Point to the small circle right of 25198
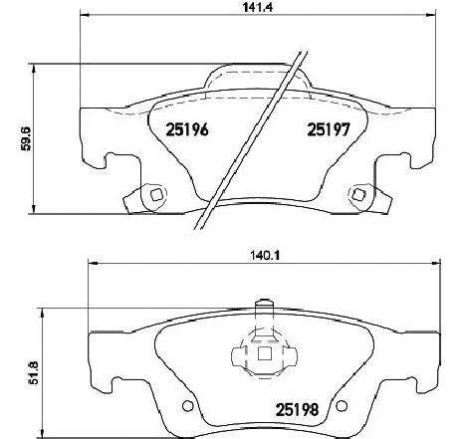pyautogui.click(x=341, y=406)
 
